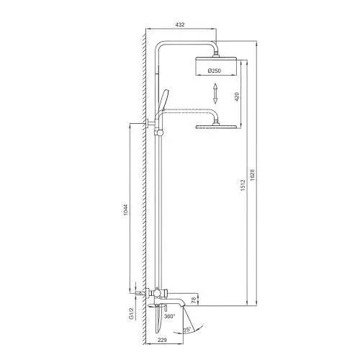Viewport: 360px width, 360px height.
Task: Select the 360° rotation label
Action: pyautogui.click(x=170, y=316)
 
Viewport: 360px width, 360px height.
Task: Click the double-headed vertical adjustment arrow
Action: pyautogui.click(x=215, y=94)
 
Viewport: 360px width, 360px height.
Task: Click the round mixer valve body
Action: pyautogui.click(x=156, y=294)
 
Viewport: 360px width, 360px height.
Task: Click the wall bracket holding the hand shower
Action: pyautogui.click(x=154, y=129)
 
